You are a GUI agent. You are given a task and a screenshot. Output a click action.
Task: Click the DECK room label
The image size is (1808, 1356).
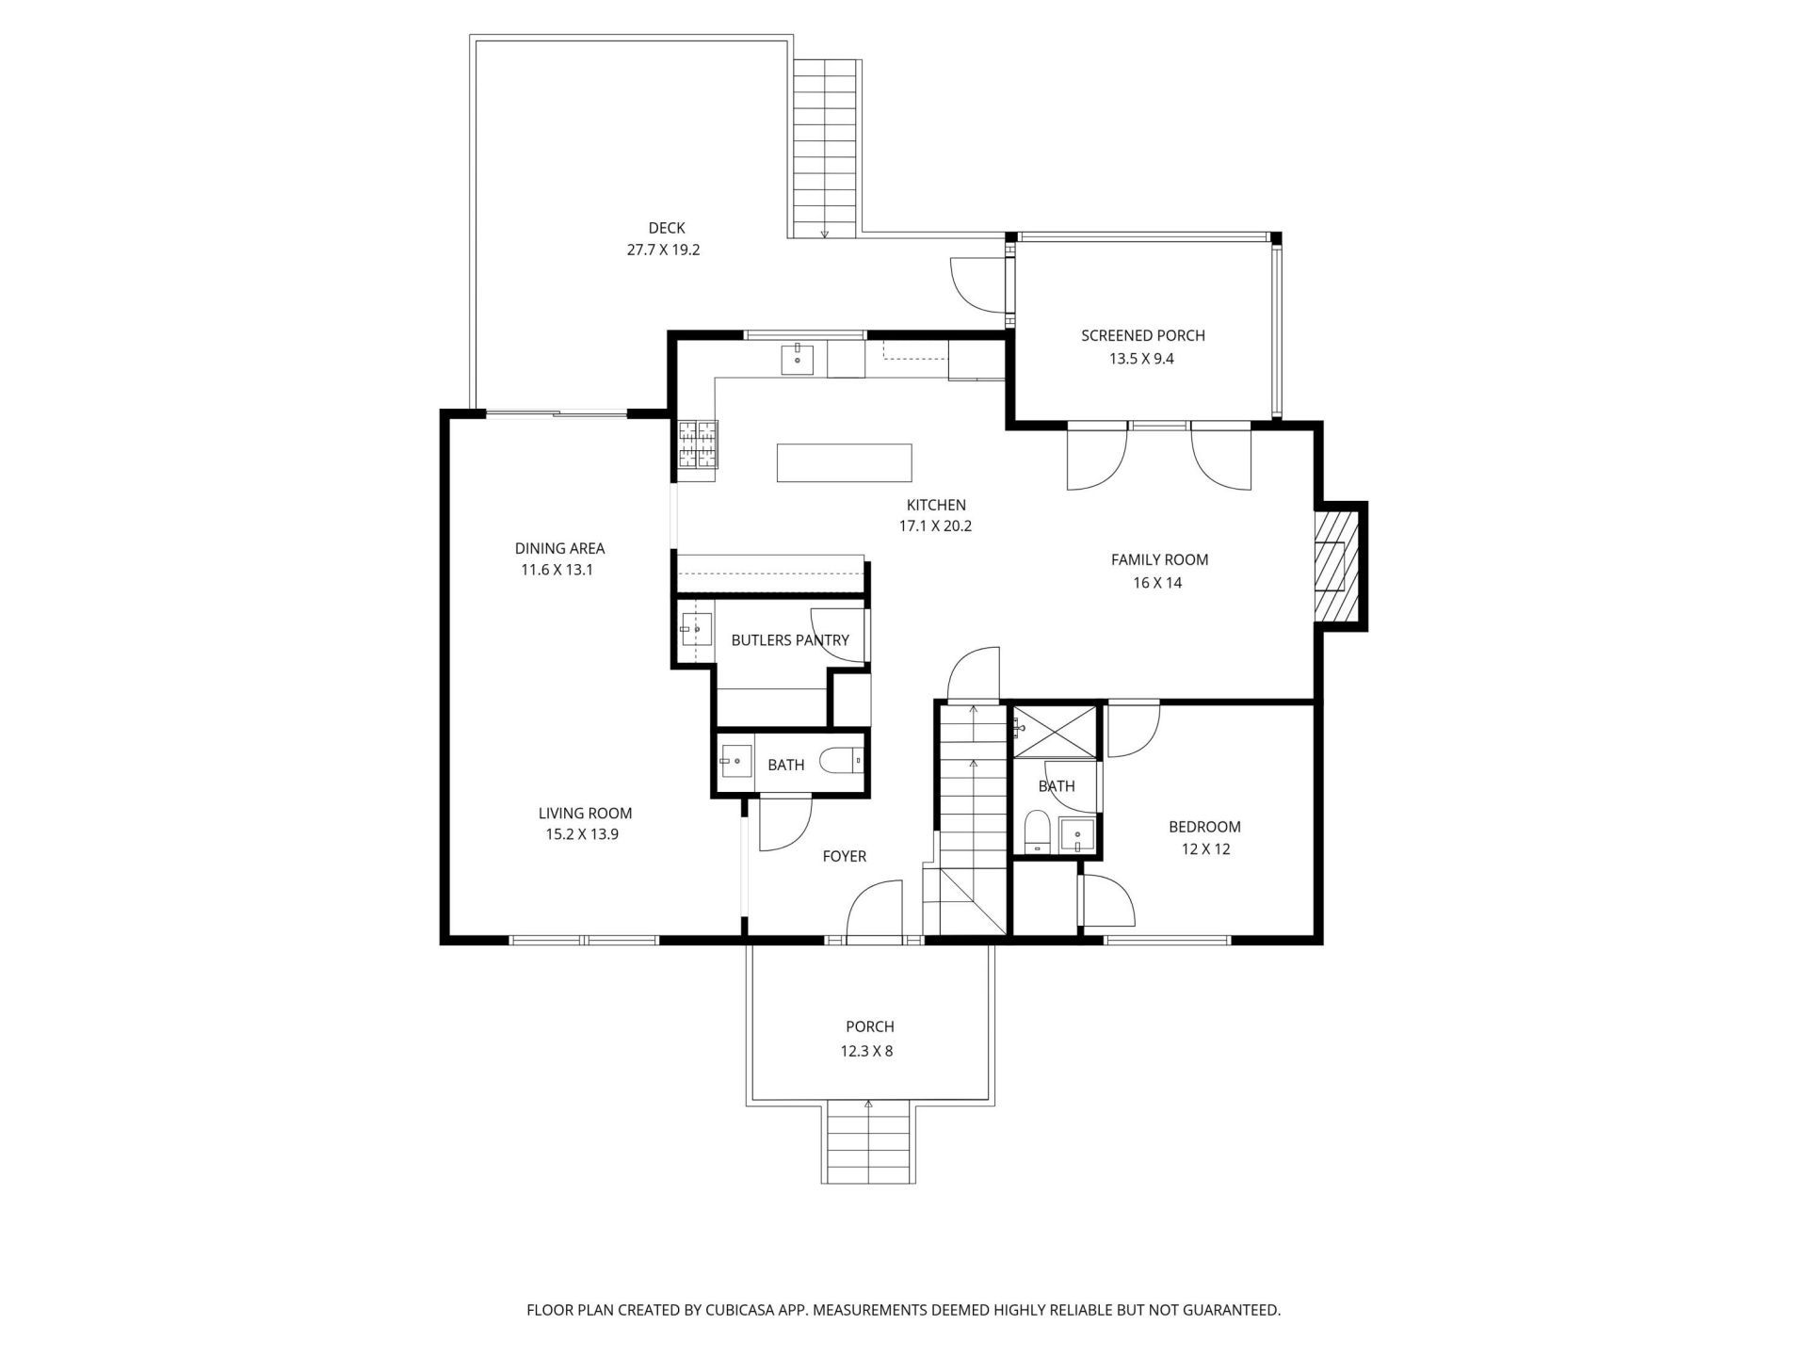pos(667,228)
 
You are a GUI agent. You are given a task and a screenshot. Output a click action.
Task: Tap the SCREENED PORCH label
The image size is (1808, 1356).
pos(1142,335)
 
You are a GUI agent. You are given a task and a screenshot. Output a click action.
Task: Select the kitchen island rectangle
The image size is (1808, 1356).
pos(844,462)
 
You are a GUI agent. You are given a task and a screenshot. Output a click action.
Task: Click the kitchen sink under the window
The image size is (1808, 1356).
pos(798,359)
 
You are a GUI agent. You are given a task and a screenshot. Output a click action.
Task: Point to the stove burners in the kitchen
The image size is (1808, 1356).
pos(698,444)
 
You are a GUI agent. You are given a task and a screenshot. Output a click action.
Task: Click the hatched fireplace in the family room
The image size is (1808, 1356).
pos(1338,566)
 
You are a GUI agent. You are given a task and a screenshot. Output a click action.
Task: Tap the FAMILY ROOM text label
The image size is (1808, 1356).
pos(1159,559)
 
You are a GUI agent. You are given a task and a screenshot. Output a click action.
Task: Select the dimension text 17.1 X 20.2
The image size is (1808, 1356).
pos(935,526)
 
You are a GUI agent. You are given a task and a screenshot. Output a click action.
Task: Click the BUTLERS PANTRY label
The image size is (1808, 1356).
pos(790,640)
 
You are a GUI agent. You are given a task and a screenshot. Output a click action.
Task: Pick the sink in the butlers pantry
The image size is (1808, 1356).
pos(696,628)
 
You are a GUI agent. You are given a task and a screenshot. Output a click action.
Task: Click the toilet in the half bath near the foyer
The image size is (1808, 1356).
pos(841,760)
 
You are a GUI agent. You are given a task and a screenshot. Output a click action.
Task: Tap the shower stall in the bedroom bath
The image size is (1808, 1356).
pos(1055,730)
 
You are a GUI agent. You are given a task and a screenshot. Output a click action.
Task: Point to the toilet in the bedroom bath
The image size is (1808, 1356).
pos(1037,831)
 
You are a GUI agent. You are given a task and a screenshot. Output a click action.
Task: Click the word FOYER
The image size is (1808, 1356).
pos(844,856)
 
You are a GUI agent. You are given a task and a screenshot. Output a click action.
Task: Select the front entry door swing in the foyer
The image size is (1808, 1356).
pos(875,911)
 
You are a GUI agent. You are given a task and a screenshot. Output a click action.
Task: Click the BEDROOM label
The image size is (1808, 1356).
pos(1204,827)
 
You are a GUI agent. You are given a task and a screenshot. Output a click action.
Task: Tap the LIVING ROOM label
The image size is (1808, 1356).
pos(585,813)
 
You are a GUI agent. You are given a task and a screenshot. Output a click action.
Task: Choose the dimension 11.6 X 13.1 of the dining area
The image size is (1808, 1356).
pos(557,570)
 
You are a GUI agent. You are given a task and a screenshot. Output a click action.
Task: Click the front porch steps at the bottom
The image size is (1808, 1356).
pos(869,1142)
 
